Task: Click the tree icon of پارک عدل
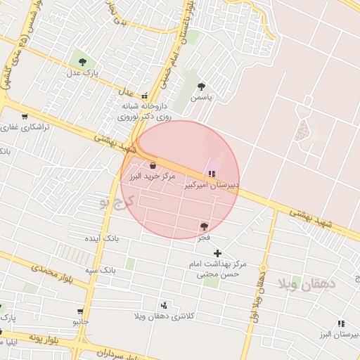coord(83,61)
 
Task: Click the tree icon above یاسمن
coord(202,86)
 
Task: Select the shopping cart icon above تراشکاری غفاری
coord(25,117)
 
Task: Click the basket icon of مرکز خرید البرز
coord(153,165)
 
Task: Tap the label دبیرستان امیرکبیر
coord(212,186)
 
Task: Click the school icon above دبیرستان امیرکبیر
coord(212,174)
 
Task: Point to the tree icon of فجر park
coord(204,226)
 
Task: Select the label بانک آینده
coord(102,239)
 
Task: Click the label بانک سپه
coord(101,269)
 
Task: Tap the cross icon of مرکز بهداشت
coord(217,253)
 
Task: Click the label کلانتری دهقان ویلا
coord(164,317)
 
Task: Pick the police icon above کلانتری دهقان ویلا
coord(164,305)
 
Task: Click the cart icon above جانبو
coord(80,311)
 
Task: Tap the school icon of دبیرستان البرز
coord(341,323)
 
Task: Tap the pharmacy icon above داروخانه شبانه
coord(145,96)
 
